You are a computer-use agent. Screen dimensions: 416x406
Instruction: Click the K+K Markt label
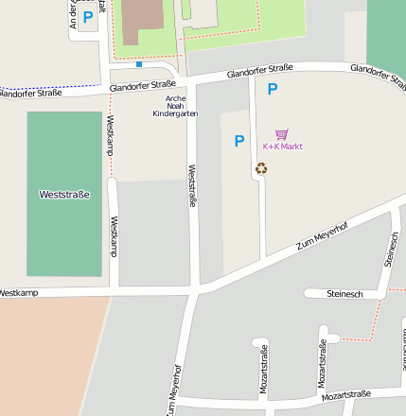(282, 147)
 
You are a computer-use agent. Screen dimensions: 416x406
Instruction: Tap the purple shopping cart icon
(281, 134)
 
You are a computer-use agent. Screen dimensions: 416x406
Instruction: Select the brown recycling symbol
(261, 168)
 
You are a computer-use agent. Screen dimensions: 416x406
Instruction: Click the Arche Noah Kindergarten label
(175, 105)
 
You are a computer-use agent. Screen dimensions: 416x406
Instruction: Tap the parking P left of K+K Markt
(239, 142)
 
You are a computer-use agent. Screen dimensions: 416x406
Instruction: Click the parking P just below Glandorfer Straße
(273, 90)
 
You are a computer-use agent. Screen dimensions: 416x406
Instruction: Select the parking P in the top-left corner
(88, 16)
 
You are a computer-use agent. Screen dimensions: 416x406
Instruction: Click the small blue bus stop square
(139, 65)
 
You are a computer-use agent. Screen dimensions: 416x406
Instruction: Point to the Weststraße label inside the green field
(64, 194)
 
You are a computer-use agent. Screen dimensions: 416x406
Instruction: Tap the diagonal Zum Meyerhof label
(323, 233)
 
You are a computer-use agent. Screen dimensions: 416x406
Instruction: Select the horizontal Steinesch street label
(344, 293)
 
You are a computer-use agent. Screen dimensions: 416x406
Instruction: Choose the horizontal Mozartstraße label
(345, 395)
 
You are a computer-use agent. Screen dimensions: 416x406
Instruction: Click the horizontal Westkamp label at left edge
(18, 293)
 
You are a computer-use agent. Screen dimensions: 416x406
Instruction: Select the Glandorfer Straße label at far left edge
(30, 93)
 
